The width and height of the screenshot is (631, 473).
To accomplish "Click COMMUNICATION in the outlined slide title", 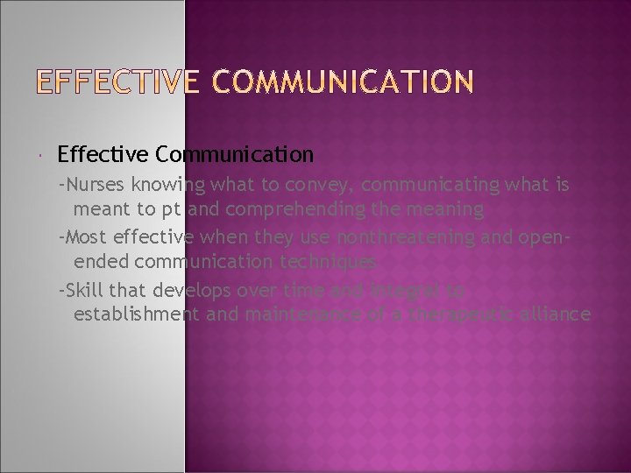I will pos(341,83).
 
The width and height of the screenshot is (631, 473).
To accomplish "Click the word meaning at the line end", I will pos(449,210).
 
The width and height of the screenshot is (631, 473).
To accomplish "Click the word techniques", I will pos(335,261).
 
